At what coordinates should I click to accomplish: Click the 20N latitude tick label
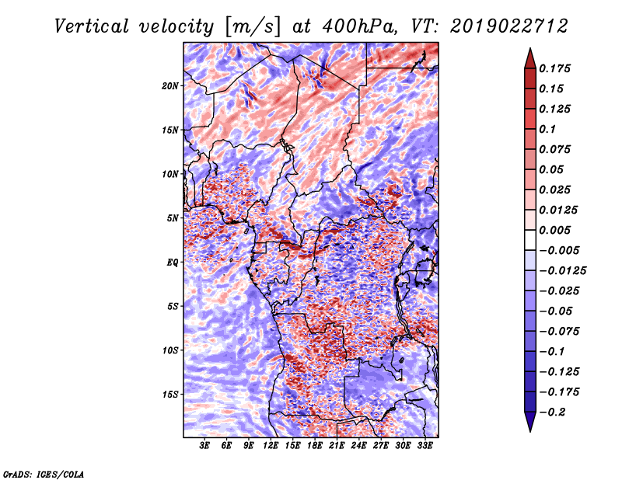(169, 86)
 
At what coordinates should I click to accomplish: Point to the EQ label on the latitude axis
(173, 263)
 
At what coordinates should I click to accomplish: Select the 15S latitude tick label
(169, 395)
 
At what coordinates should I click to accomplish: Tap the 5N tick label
(173, 218)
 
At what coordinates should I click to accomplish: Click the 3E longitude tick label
(204, 446)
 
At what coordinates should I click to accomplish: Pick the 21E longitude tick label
(337, 446)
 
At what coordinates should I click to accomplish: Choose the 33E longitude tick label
(425, 446)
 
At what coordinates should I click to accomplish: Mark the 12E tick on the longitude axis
(271, 446)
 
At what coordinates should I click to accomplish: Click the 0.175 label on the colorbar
(554, 68)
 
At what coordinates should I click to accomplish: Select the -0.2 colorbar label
(552, 412)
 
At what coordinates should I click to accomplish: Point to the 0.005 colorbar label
(554, 230)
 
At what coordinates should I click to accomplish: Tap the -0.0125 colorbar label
(562, 271)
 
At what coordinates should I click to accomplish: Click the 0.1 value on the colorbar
(547, 129)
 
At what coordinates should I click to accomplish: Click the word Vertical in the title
(92, 27)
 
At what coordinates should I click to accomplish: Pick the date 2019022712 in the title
(509, 27)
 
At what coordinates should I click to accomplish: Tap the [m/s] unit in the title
(253, 27)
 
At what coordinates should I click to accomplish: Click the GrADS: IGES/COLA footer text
(44, 475)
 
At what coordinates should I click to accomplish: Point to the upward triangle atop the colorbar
(530, 58)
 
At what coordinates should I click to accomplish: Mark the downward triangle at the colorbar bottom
(530, 422)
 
